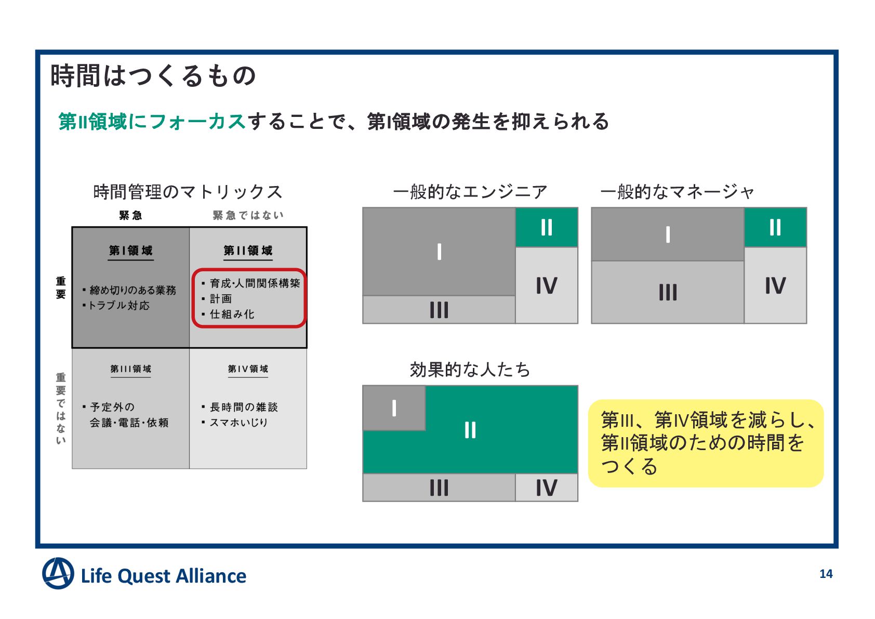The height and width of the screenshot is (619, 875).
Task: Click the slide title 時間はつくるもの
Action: [x=153, y=76]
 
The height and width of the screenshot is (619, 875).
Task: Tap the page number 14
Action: [x=826, y=574]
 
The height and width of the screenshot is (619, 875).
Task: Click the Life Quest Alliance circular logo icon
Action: [x=58, y=573]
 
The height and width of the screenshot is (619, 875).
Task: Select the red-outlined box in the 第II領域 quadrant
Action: [x=249, y=298]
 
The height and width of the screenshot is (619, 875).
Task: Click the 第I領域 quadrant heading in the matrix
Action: [x=130, y=251]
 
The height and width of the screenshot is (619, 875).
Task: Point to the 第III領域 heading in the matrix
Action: [x=130, y=369]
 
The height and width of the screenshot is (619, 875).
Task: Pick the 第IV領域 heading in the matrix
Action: [x=248, y=369]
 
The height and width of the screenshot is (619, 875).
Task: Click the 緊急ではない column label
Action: [x=248, y=215]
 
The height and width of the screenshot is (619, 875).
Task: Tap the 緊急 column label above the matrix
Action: [x=130, y=215]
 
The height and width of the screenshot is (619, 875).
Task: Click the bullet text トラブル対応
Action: [x=118, y=306]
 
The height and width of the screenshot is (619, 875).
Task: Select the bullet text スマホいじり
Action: [x=238, y=423]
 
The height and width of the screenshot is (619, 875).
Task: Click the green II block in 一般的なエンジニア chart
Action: [x=546, y=227]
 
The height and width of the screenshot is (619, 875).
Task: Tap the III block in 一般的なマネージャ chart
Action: [x=668, y=292]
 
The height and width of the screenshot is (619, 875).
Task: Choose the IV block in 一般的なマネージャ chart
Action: [x=775, y=285]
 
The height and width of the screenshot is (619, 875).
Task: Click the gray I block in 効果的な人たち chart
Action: [x=394, y=408]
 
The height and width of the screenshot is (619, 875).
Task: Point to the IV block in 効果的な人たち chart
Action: [x=546, y=488]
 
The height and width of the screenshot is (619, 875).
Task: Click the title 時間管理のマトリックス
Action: [x=188, y=192]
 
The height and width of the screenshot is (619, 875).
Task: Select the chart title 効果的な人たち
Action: [x=470, y=370]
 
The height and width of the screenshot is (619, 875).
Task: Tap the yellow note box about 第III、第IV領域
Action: [x=705, y=443]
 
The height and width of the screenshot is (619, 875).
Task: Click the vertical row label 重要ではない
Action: [x=61, y=409]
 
